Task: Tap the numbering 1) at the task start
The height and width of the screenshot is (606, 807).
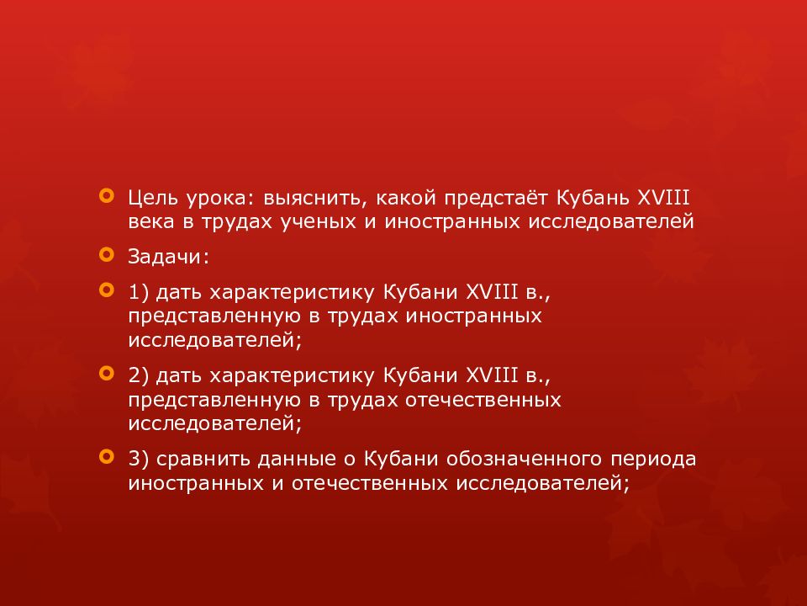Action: tap(140, 292)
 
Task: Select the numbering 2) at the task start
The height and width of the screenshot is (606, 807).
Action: tap(140, 373)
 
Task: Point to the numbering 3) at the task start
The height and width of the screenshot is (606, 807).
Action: tap(140, 459)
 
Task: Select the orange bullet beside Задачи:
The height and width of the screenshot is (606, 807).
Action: tap(105, 253)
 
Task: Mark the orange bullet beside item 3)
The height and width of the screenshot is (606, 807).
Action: tap(105, 457)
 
